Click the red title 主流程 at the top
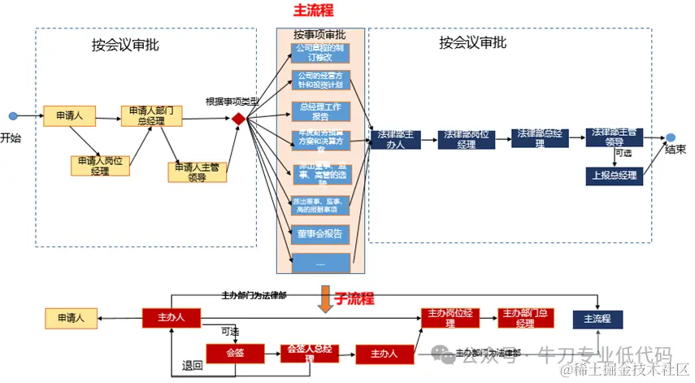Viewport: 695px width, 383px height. point(313,11)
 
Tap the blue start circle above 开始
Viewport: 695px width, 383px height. point(12,116)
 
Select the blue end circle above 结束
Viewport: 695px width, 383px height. point(671,137)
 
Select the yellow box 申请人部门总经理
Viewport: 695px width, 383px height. point(151,115)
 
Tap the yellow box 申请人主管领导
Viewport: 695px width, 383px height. point(197,172)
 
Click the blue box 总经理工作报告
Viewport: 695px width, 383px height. point(320,111)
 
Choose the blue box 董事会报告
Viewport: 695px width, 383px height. point(320,233)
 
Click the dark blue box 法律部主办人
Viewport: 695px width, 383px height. point(396,139)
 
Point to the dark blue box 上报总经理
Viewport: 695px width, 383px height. point(614,175)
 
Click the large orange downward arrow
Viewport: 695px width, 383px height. point(325,298)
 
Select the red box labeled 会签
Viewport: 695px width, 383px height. point(235,353)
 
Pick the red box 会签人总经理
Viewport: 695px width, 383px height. point(308,353)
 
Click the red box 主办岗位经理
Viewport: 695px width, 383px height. point(450,318)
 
